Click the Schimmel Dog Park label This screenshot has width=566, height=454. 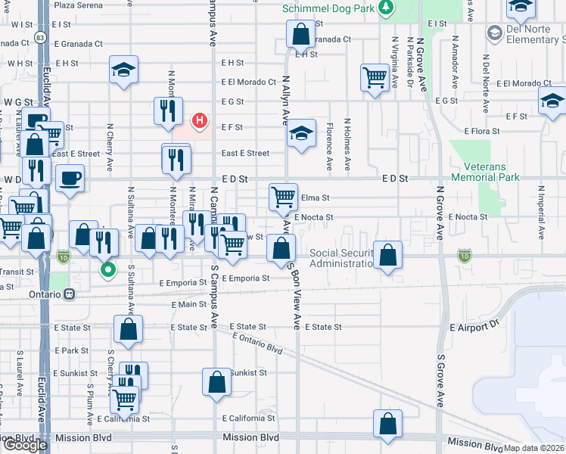[329, 8]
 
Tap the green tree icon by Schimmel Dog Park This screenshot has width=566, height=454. [387, 8]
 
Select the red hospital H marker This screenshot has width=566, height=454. [200, 120]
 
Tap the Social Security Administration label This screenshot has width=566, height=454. [342, 258]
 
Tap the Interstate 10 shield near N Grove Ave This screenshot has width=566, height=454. [463, 257]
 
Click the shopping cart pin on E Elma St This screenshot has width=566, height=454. [283, 196]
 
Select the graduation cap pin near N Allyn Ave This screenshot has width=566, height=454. [301, 134]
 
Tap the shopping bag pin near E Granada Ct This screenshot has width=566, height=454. [300, 33]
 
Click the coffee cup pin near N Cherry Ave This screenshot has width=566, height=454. [70, 178]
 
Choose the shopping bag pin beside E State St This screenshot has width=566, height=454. [128, 328]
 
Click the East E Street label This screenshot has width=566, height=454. [245, 153]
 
